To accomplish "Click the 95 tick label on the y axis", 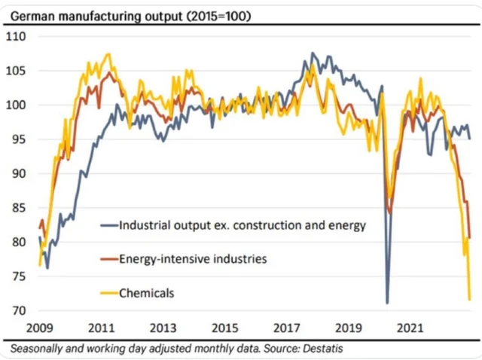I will [x=17, y=139].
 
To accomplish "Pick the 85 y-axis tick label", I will [x=17, y=208].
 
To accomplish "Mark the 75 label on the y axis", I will [x=17, y=276].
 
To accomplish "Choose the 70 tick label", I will [x=17, y=311].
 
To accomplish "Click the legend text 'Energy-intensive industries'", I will [x=193, y=259].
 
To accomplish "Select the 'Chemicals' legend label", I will [x=147, y=292].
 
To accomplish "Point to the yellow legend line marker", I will [x=108, y=292].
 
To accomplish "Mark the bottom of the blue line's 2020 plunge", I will [x=387, y=303].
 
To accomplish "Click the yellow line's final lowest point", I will [x=470, y=300].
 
